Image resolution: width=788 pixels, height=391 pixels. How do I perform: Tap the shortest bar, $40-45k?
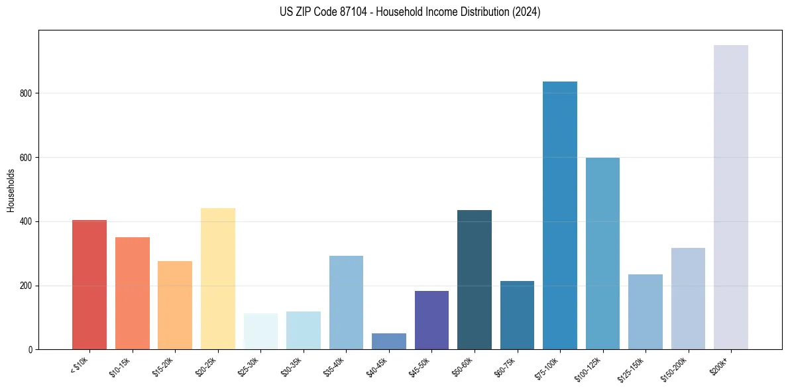point(388,341)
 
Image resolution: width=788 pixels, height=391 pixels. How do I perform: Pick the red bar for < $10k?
point(89,284)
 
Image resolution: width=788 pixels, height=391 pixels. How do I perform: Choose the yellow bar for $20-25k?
point(217,278)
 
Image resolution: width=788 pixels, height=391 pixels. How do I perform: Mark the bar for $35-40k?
point(346,302)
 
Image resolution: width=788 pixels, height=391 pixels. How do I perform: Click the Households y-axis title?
point(11,190)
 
